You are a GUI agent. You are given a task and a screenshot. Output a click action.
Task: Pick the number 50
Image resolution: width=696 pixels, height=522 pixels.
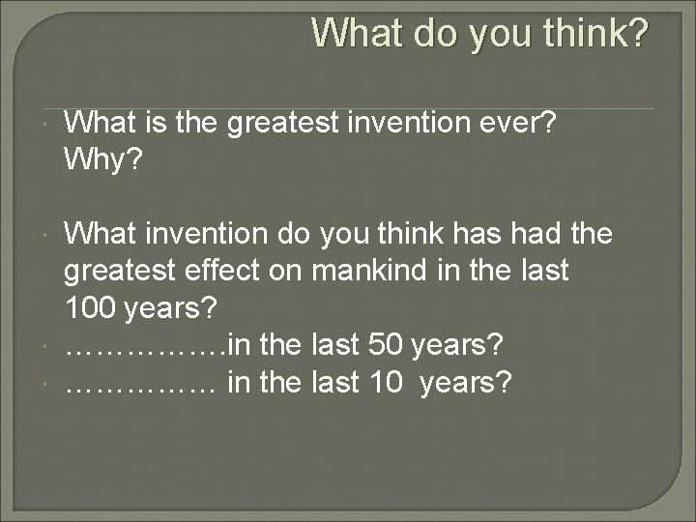coord(388,345)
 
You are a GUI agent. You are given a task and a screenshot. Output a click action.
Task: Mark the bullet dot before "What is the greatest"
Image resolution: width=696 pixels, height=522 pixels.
coord(46,123)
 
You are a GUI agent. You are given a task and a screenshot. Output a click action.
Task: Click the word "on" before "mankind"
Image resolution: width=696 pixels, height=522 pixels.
coord(287,271)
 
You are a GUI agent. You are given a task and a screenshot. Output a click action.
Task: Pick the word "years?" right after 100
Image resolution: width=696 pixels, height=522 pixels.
coord(171,308)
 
